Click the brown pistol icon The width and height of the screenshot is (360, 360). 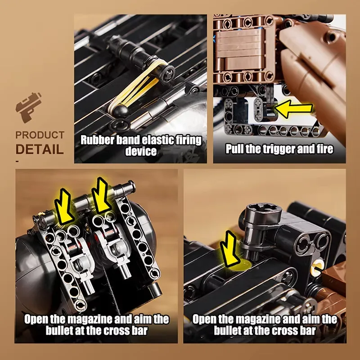pos(28,108)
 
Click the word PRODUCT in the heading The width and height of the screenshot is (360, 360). pos(40,135)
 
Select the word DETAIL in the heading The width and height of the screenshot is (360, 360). pos(40,149)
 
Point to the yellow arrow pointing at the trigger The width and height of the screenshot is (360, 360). pos(294,109)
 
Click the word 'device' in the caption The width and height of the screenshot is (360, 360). pos(141,151)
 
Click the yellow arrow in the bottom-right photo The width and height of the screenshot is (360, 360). pos(230,250)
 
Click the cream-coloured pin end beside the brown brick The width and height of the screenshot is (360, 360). pos(316,268)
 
